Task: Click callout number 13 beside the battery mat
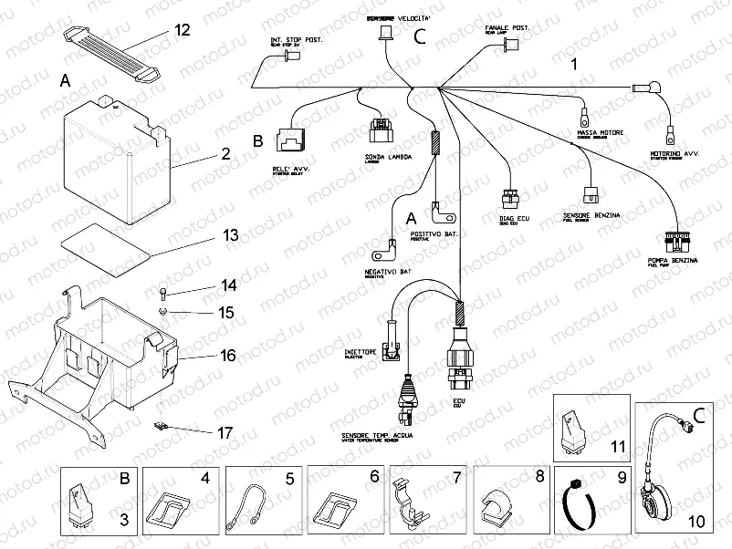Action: (230, 235)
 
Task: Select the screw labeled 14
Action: (161, 293)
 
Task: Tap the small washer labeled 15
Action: (162, 313)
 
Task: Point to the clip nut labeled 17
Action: (163, 425)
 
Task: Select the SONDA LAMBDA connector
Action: (379, 131)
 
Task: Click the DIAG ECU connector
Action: (508, 200)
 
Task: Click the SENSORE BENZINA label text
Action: (587, 215)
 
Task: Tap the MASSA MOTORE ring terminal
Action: (581, 117)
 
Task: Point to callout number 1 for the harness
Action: (574, 65)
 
